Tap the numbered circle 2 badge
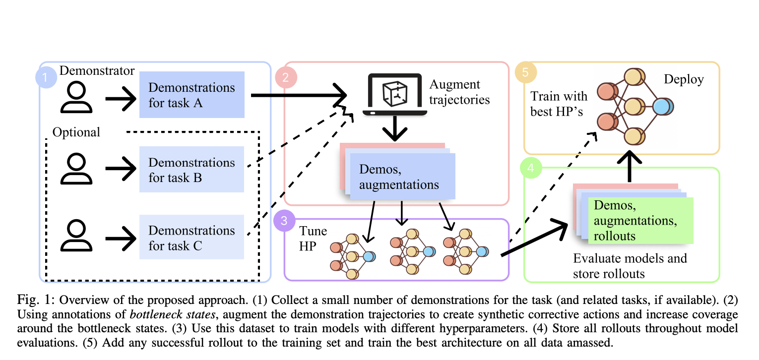tap(286, 77)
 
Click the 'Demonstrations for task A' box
tap(192, 95)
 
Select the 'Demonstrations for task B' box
tap(192, 170)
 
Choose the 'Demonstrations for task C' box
tap(192, 238)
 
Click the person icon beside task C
tap(77, 236)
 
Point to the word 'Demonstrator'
tap(97, 70)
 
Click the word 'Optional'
tap(76, 132)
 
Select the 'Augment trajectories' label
tap(459, 92)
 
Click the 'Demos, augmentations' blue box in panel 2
tap(402, 177)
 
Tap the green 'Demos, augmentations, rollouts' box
tap(640, 220)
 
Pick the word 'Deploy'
tap(684, 79)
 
